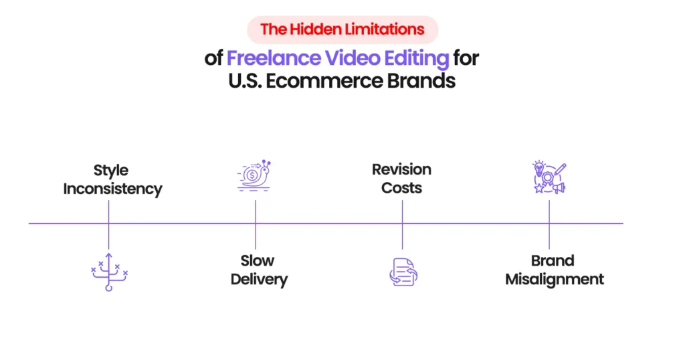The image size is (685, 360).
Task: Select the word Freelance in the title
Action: point(273,58)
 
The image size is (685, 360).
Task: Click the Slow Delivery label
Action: point(258,270)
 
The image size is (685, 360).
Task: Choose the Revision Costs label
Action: point(401,179)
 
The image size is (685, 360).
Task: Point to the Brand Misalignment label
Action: point(554,270)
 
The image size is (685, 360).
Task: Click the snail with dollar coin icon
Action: point(254,175)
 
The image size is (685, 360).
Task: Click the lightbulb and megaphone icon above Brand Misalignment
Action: point(549,177)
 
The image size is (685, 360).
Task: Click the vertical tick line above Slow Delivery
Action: point(255,236)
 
